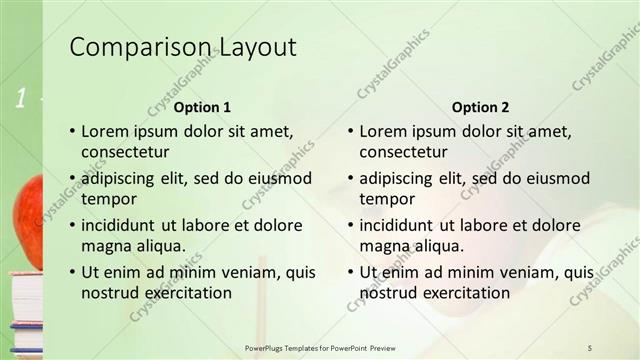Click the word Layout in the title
tap(256, 47)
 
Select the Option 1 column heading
tap(202, 107)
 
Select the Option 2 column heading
tap(480, 107)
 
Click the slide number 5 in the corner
tap(591, 346)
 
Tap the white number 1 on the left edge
tap(20, 97)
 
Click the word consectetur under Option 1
tap(125, 153)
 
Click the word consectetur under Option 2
tap(403, 153)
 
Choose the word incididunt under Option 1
tap(121, 225)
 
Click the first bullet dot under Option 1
tap(71, 131)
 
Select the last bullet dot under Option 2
tap(350, 272)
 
